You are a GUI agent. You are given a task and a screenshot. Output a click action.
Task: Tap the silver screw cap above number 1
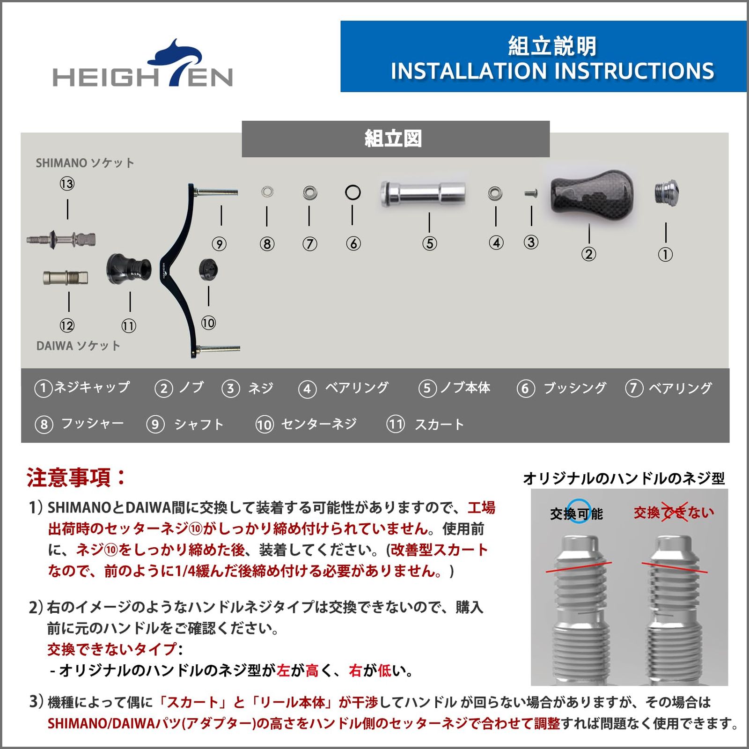pyautogui.click(x=665, y=193)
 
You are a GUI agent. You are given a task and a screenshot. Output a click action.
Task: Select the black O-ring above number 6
pyautogui.click(x=352, y=192)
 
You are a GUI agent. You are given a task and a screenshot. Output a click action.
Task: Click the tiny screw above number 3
pyautogui.click(x=530, y=193)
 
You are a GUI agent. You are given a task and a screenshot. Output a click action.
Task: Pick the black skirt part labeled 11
pyautogui.click(x=128, y=269)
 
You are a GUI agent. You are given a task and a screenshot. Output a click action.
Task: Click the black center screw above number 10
pyautogui.click(x=209, y=270)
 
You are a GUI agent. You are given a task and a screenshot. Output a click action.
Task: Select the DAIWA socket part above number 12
pyautogui.click(x=66, y=278)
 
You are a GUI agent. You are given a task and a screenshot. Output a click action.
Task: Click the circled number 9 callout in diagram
pyautogui.click(x=219, y=244)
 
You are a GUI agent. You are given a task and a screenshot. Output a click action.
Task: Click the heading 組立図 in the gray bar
pyautogui.click(x=393, y=139)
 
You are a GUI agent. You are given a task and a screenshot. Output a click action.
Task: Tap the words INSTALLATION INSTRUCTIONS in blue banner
pyautogui.click(x=552, y=71)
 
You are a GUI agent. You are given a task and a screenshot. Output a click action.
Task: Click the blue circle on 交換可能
pyautogui.click(x=579, y=511)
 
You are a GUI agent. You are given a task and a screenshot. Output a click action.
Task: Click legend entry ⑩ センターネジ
pyautogui.click(x=307, y=425)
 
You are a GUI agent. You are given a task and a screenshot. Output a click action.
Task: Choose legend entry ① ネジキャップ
pyautogui.click(x=82, y=388)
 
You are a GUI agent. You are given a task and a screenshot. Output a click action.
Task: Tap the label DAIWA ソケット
pyautogui.click(x=78, y=346)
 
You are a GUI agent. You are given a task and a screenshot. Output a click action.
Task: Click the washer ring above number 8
pyautogui.click(x=267, y=191)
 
